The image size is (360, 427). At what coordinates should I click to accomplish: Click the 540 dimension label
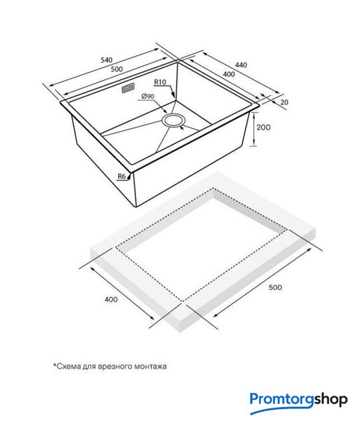click(107, 59)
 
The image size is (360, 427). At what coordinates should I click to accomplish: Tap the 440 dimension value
click(241, 65)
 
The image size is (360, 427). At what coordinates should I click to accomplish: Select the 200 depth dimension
click(263, 127)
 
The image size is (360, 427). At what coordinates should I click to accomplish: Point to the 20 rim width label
click(284, 102)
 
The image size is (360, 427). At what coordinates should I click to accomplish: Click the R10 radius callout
click(160, 82)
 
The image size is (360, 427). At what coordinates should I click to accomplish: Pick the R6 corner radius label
click(122, 176)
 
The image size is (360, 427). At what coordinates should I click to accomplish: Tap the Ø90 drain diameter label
click(148, 96)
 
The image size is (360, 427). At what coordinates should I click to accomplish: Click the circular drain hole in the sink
click(173, 120)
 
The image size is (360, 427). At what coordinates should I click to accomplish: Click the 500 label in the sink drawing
click(117, 69)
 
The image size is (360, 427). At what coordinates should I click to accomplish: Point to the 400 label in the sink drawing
click(229, 74)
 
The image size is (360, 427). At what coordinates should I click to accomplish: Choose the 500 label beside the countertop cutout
click(275, 288)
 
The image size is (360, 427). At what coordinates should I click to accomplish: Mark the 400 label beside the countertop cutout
click(111, 300)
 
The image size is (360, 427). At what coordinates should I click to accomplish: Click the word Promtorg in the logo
click(282, 400)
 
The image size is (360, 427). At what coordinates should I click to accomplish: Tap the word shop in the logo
click(331, 400)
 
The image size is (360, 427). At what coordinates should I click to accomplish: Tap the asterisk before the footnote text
click(55, 365)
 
